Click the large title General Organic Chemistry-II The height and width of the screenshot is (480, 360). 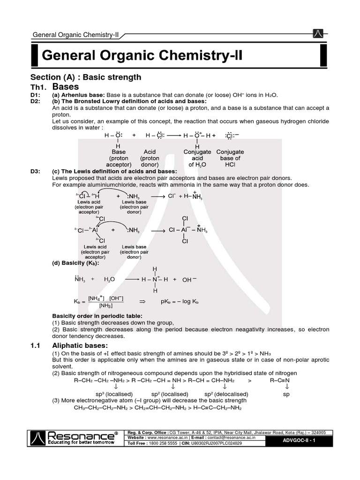click(x=142, y=57)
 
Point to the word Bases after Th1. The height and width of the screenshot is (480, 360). click(x=66, y=87)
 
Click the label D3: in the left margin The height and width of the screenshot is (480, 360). click(x=36, y=172)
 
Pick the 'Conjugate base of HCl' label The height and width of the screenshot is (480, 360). click(x=230, y=158)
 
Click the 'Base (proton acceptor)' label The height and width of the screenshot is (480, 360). click(x=119, y=158)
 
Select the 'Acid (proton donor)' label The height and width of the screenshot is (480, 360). click(x=150, y=158)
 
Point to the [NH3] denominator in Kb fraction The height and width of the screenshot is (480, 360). click(x=105, y=306)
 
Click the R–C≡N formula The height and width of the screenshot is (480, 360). click(x=281, y=380)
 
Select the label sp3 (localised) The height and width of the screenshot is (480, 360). click(x=114, y=394)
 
